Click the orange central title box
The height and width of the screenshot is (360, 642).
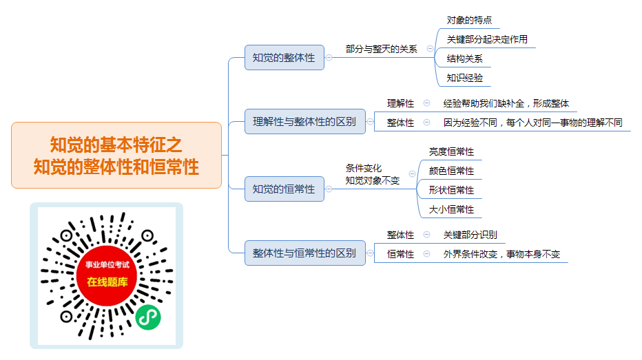(116, 155)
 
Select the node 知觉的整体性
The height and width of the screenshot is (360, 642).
(284, 58)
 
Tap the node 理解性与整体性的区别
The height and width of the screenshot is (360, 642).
(304, 122)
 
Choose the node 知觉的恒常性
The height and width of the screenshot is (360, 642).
(284, 189)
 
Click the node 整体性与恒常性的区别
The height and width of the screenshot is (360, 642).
(304, 253)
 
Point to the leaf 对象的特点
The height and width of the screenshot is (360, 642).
(469, 20)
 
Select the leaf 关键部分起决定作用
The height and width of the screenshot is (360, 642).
(487, 39)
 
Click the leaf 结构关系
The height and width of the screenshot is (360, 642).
(464, 59)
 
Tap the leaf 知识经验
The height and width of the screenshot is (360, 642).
(464, 78)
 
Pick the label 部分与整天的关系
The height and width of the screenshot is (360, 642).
(381, 49)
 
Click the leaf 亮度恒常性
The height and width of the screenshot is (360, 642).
(451, 151)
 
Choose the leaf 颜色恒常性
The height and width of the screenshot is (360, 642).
(451, 171)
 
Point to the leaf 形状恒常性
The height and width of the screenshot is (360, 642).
(451, 190)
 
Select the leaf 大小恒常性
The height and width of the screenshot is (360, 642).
(451, 209)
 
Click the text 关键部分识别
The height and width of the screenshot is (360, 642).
(470, 235)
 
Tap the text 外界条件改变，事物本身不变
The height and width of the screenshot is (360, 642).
(501, 254)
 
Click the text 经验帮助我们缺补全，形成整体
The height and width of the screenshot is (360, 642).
(506, 103)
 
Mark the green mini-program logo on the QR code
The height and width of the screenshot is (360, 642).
(148, 317)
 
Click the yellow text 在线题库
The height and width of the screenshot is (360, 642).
(107, 282)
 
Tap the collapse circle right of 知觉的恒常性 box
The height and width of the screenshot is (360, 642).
(329, 189)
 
